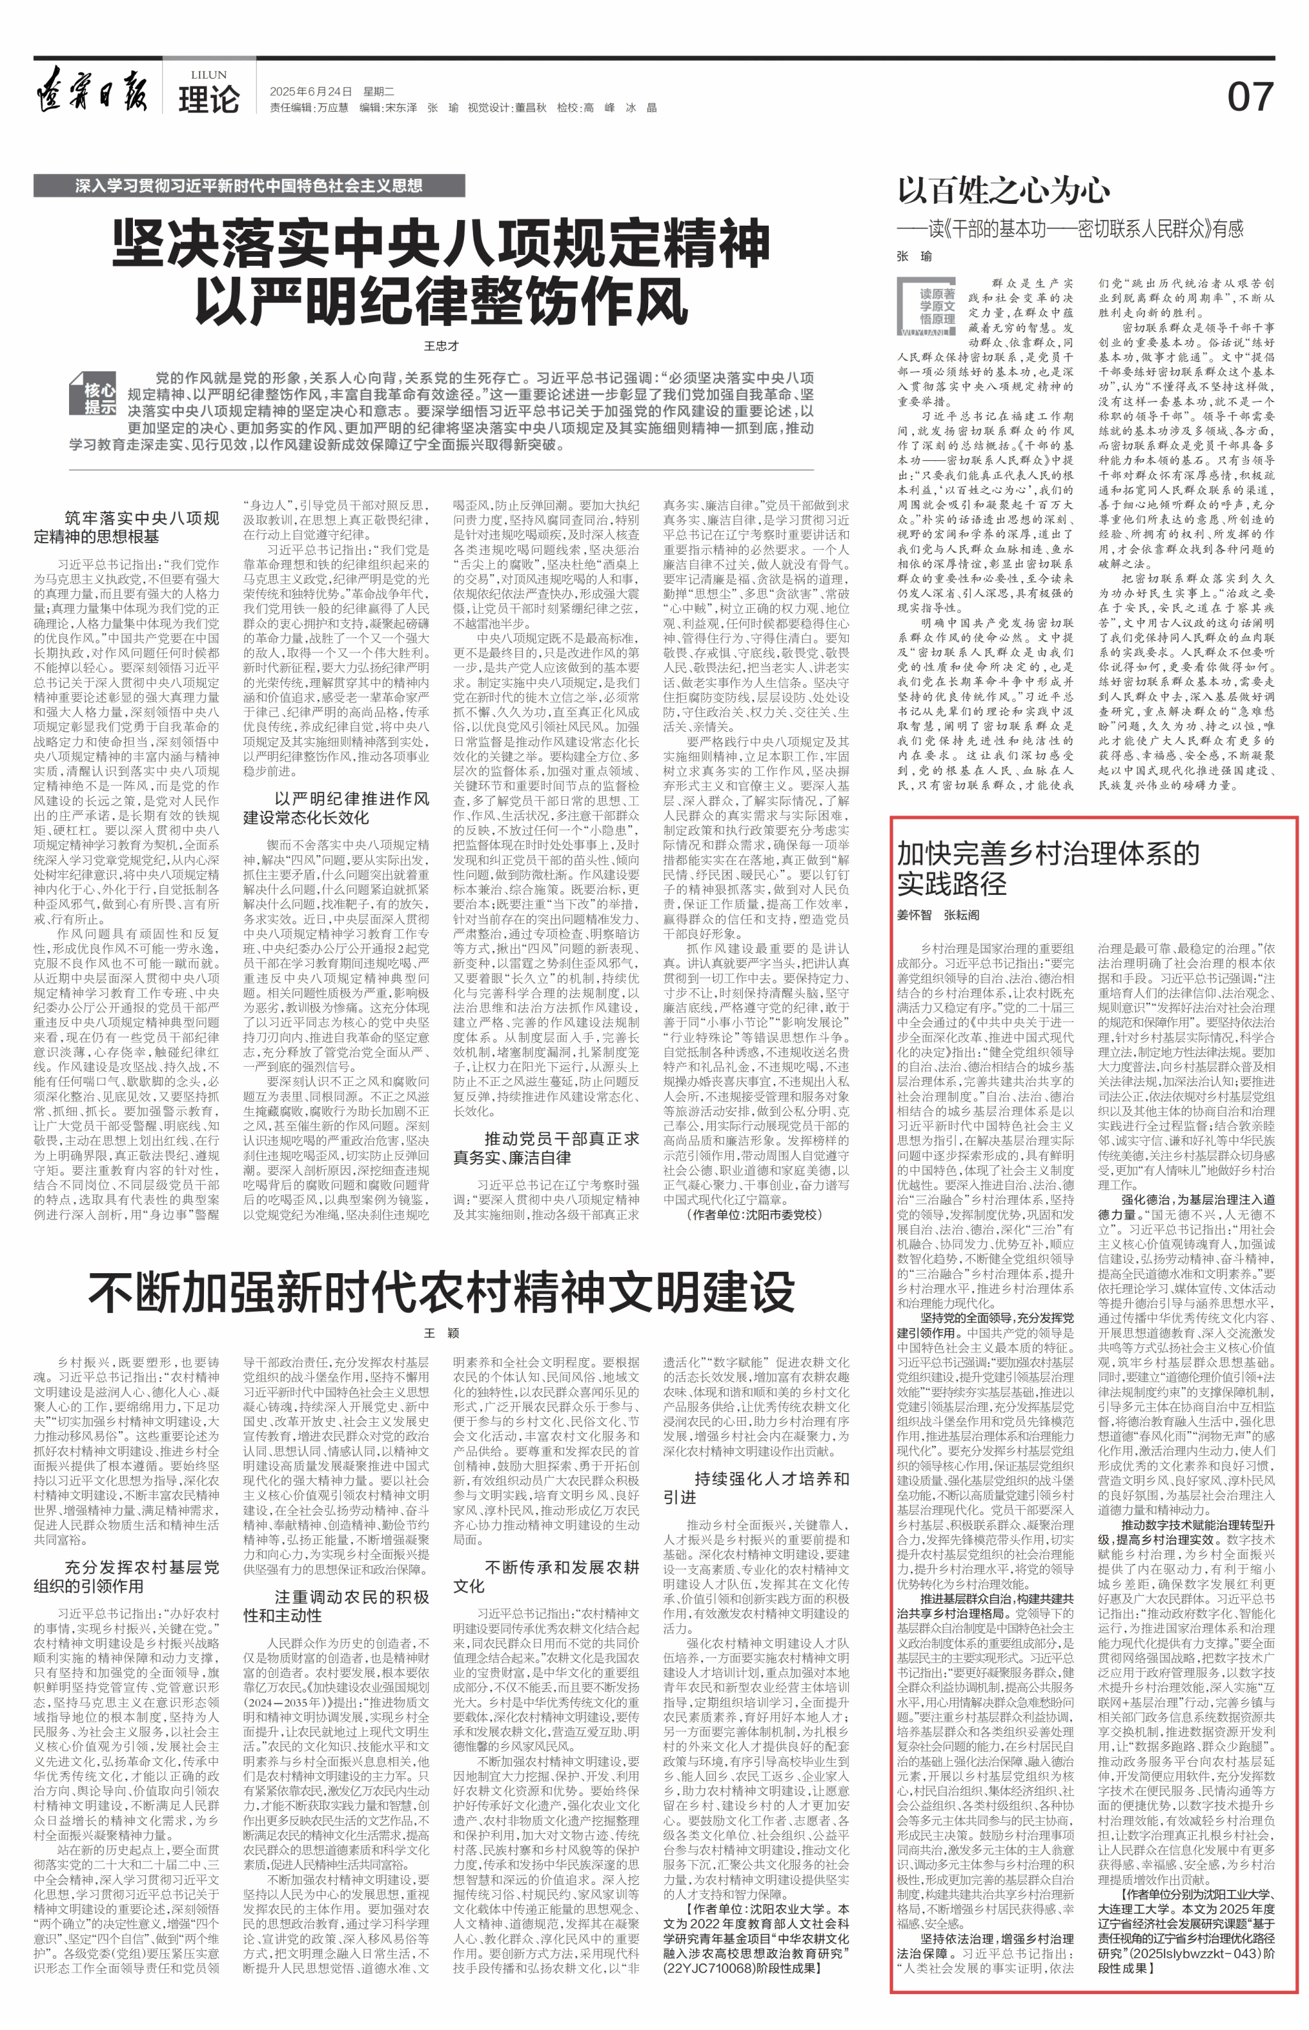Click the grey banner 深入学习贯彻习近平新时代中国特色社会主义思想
249,185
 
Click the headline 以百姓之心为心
1003,190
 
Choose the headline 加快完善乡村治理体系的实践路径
1048,867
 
